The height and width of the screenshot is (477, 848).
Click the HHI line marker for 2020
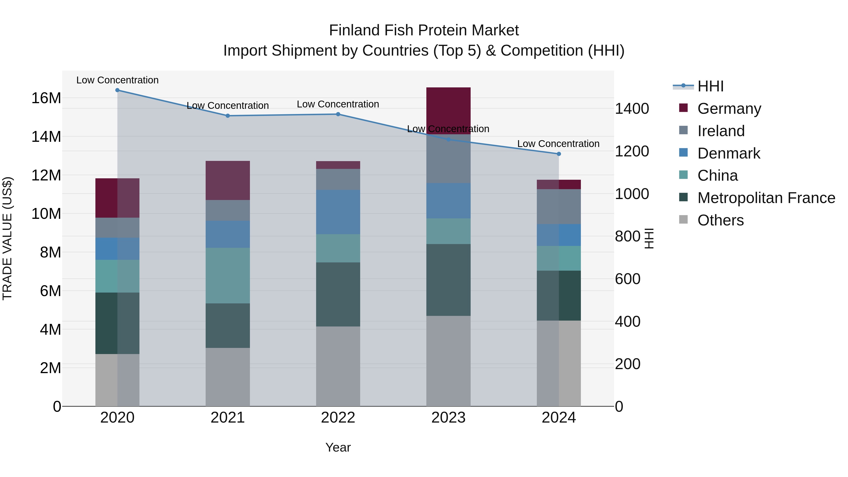[x=118, y=90]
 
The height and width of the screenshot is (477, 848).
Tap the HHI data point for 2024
[x=559, y=154]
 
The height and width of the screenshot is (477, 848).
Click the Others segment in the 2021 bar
[x=228, y=377]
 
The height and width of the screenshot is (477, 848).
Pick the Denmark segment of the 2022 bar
[x=338, y=212]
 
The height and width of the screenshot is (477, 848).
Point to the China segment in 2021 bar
[x=228, y=276]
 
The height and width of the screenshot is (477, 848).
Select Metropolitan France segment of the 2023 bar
[x=448, y=280]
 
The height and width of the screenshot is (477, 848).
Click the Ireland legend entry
[x=721, y=131]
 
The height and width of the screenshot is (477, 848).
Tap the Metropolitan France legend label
[x=766, y=198]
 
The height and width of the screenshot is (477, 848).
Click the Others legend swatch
[x=683, y=220]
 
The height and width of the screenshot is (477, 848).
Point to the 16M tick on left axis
[x=46, y=98]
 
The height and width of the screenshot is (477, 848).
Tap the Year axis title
[x=338, y=447]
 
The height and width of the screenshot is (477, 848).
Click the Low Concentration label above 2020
[x=118, y=80]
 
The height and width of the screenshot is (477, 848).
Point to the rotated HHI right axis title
[x=648, y=238]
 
